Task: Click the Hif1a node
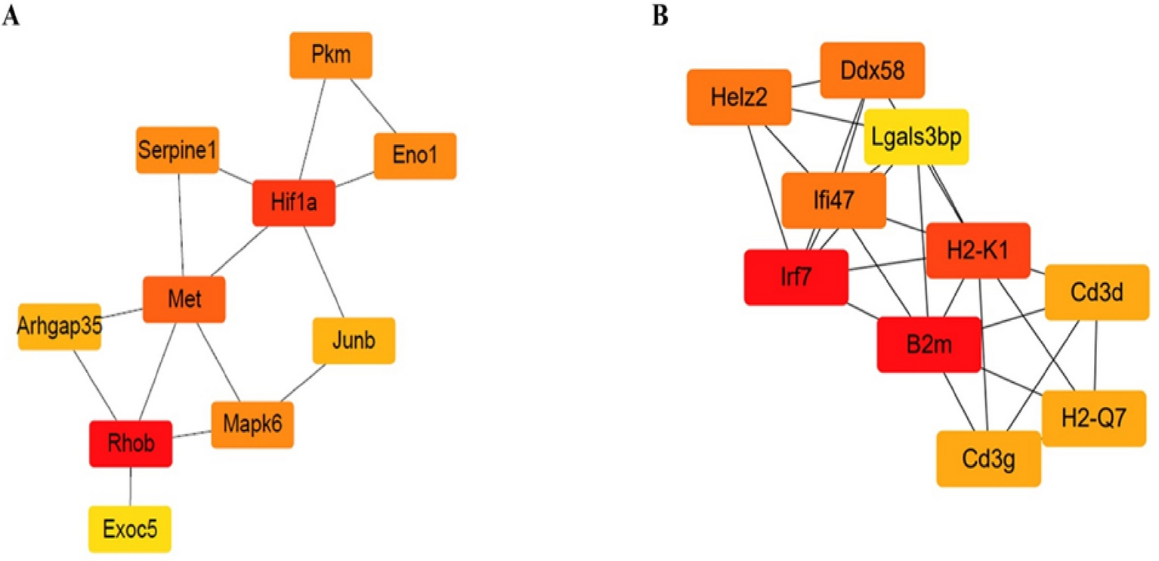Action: coord(294,202)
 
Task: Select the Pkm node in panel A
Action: coord(331,54)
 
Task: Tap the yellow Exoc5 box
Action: coord(130,529)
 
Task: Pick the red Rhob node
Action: coord(131,443)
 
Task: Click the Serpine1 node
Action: coord(178,149)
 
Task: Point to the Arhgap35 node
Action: coord(60,326)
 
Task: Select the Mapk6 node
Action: coord(252,425)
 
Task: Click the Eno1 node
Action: coord(416,156)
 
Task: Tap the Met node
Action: coord(185,300)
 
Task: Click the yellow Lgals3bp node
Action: coord(916,137)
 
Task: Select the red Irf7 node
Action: coord(796,277)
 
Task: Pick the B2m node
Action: coord(929,344)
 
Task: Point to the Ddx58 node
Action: coord(873,70)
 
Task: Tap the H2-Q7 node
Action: coord(1094,418)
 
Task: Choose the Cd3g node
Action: coord(989,458)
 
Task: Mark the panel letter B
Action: coord(661,17)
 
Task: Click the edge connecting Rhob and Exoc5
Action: coord(131,485)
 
